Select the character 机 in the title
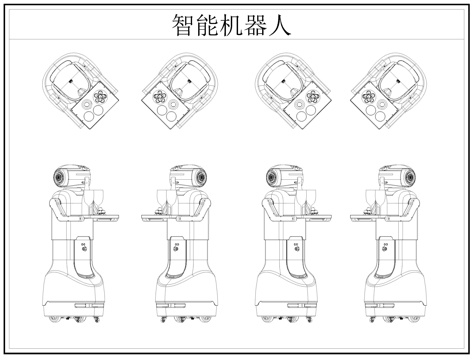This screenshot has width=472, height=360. (x=236, y=24)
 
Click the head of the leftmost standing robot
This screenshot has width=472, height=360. (x=71, y=178)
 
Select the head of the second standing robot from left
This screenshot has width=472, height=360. (x=187, y=178)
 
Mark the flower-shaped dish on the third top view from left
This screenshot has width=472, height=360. (x=310, y=98)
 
